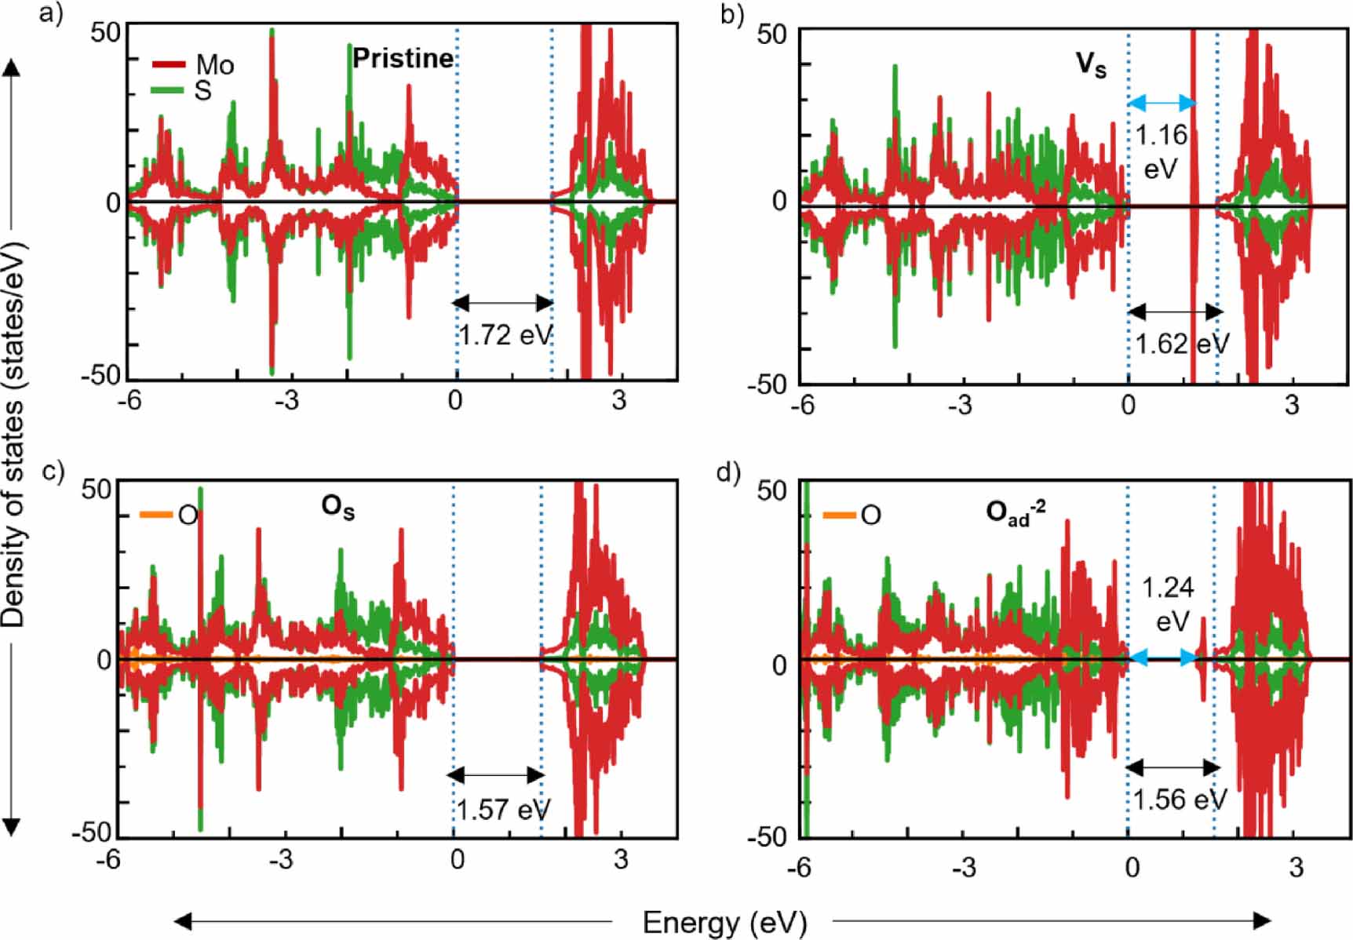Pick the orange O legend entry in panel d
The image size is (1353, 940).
[x=852, y=516]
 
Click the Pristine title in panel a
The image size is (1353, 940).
[x=403, y=58]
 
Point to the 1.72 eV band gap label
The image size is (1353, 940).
[x=505, y=336]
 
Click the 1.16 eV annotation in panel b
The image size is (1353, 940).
[x=1162, y=151]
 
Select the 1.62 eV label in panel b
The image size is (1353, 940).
[x=1182, y=344]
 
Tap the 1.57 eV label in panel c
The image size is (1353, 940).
[x=503, y=810]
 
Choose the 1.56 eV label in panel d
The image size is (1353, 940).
[x=1178, y=800]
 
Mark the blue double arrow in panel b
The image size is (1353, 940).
[x=1162, y=103]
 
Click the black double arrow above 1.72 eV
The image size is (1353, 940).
[x=503, y=303]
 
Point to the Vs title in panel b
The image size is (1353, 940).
[x=1090, y=64]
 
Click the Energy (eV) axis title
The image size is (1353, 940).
[x=724, y=922]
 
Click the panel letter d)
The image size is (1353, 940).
[x=728, y=473]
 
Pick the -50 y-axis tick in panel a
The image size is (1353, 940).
[x=101, y=374]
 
